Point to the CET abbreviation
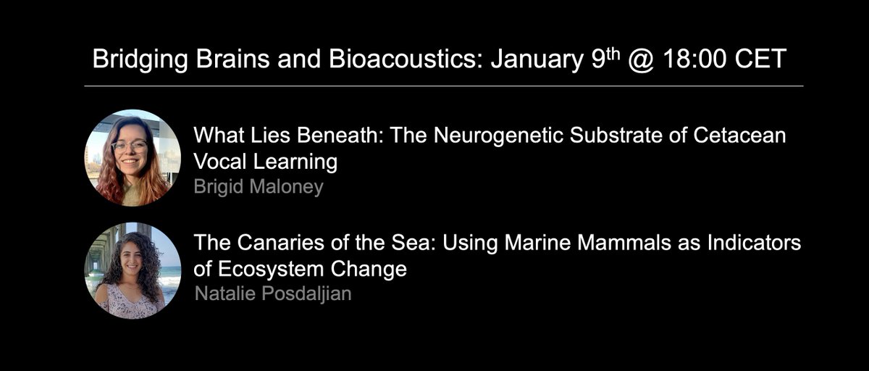pyautogui.click(x=760, y=59)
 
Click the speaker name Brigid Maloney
pyautogui.click(x=259, y=186)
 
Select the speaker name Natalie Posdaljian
pyautogui.click(x=273, y=293)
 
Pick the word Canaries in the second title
pyautogui.click(x=282, y=243)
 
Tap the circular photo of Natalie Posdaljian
pyautogui.click(x=133, y=272)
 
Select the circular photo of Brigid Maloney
pyautogui.click(x=133, y=158)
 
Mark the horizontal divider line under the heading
pyautogui.click(x=443, y=86)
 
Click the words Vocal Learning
pyautogui.click(x=265, y=162)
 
